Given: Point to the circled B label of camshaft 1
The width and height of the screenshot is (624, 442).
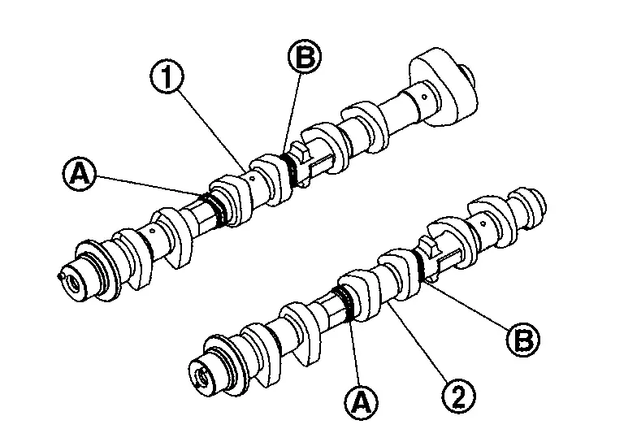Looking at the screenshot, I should (x=305, y=58).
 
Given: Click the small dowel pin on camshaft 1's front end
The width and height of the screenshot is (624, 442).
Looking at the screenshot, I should (x=62, y=274).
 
